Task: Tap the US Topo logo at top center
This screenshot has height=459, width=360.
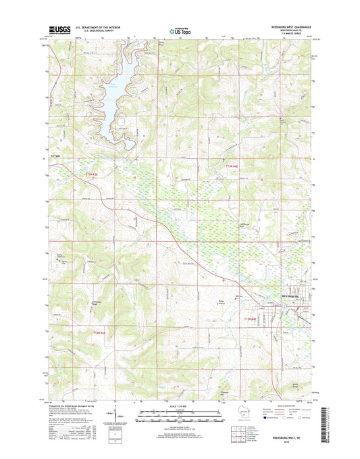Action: tap(180, 30)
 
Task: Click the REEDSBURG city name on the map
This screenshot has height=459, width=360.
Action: tap(292, 295)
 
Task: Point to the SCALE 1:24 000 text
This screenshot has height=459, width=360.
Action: tap(180, 408)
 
